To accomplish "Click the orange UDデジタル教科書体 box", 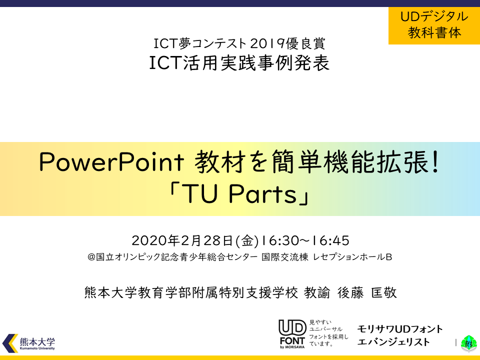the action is point(434,25).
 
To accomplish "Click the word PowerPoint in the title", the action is point(112,162).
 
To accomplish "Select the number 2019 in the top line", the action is point(267,43).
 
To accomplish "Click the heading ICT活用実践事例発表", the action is point(239,63).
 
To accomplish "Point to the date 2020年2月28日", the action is point(182,240).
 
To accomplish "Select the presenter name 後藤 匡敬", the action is point(367,292).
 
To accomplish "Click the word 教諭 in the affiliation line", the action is point(317,292).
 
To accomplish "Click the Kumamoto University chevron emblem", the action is point(10,343).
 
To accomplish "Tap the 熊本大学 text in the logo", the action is point(37,341).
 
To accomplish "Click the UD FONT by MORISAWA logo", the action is point(292,334).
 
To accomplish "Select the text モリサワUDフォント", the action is point(400,329).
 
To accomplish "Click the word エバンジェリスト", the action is point(393,342).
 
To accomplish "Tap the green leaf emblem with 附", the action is point(468,343).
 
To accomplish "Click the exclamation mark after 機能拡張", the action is point(436,162).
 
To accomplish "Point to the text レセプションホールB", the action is point(352,257).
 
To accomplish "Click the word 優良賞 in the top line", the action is point(305,43).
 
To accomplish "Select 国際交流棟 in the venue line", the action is point(284,257).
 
